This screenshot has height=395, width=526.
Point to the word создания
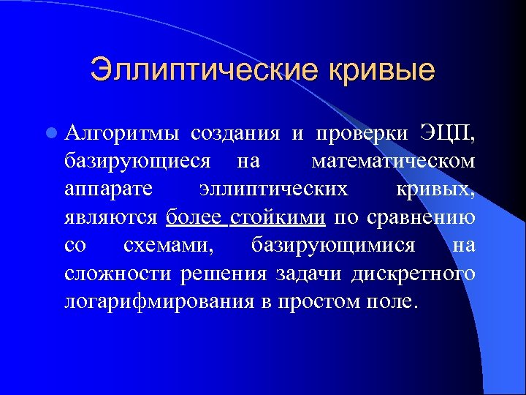coord(235,133)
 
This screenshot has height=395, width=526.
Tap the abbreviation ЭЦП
coord(446,133)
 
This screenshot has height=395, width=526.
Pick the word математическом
coord(393,161)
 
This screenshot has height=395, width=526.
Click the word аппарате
coord(108,189)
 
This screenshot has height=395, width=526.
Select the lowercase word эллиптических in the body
coord(273,189)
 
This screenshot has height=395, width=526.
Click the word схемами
coord(169,246)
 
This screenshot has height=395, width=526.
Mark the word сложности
coord(116,274)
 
